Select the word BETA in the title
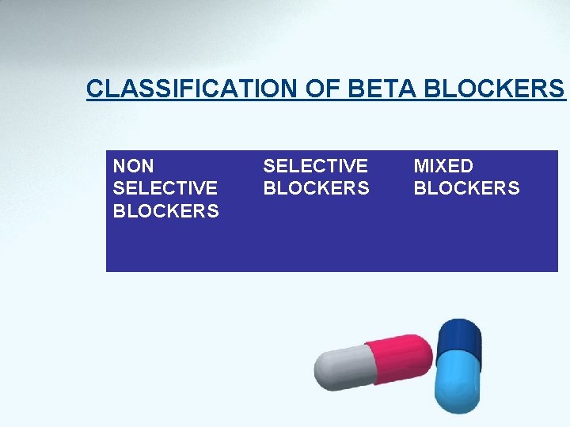coord(372,89)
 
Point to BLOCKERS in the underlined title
coord(494,89)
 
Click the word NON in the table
coord(134,166)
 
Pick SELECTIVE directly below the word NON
coord(165,188)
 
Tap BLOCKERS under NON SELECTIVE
coord(165,211)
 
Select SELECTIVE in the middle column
coord(315,166)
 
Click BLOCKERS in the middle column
coord(315,188)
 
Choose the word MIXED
coord(443,166)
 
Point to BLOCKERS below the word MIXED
coord(466,188)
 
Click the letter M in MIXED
coord(421,166)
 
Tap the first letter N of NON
coord(120,166)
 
